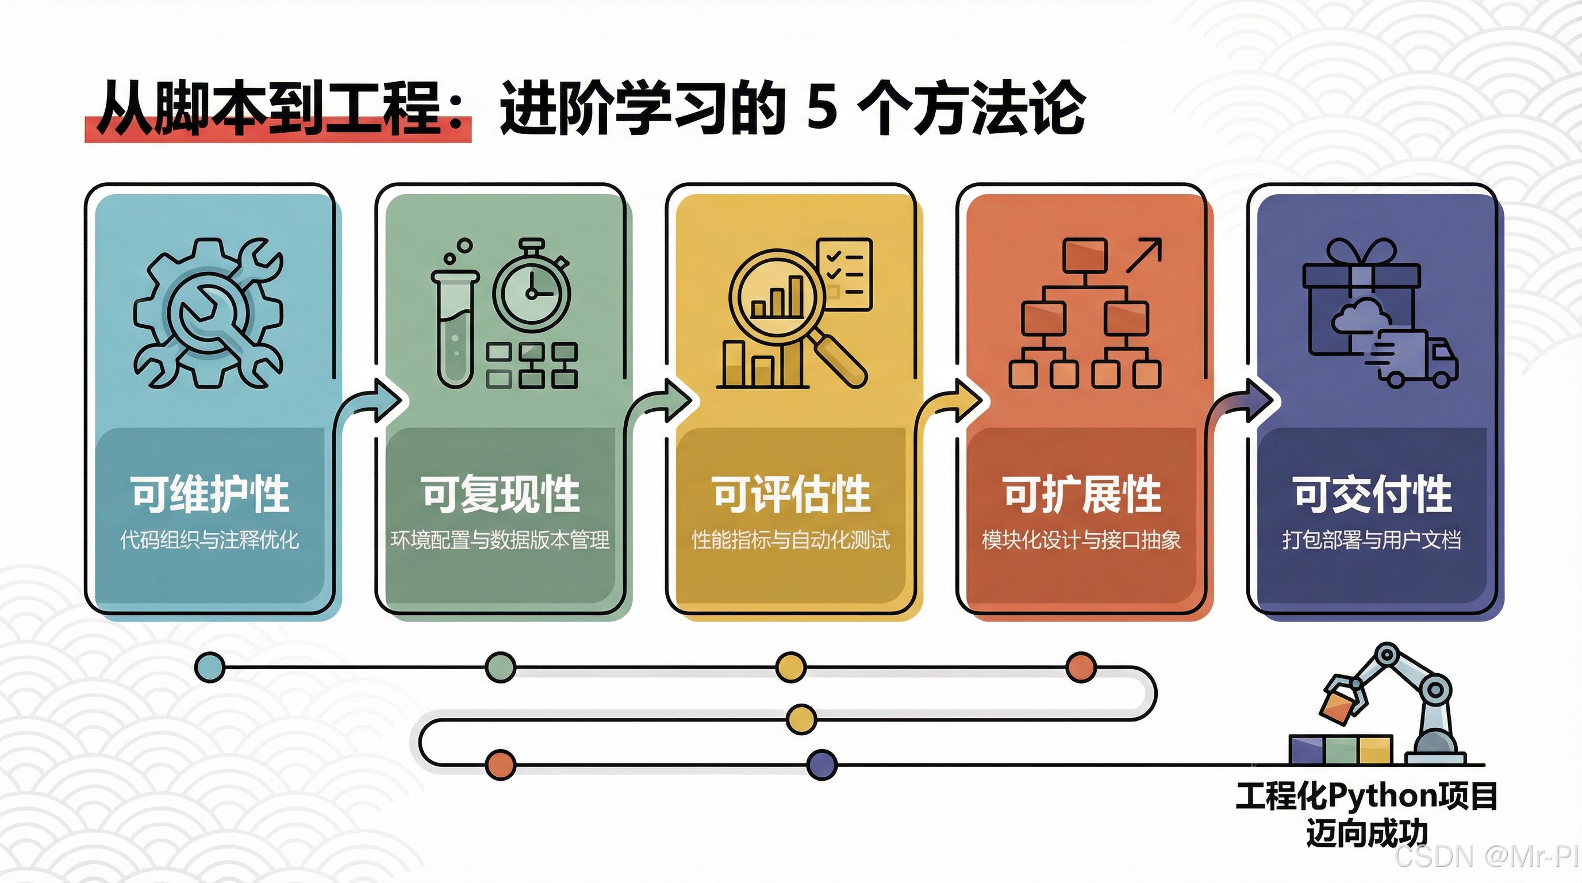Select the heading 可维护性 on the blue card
[209, 494]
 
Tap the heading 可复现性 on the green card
[501, 494]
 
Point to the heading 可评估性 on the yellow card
[791, 494]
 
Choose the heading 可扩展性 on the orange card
[1081, 494]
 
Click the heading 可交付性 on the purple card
[1372, 494]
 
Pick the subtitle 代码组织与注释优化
[209, 540]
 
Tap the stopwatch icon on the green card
[532, 289]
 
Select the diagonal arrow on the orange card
[1144, 255]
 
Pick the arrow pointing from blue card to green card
[375, 402]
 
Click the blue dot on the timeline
[210, 667]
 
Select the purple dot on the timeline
[821, 765]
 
